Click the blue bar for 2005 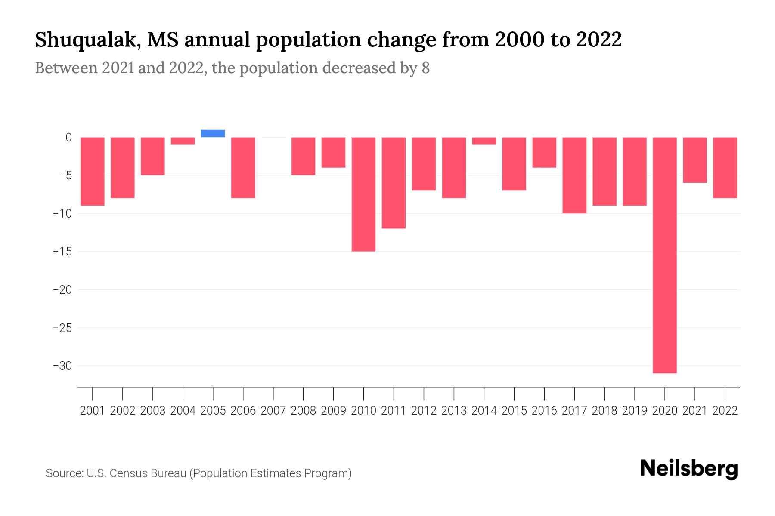(x=213, y=133)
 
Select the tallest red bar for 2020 (x=664, y=255)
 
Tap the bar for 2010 (x=363, y=194)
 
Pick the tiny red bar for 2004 (x=183, y=141)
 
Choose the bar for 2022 (x=725, y=167)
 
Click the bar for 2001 (x=93, y=171)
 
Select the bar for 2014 (x=484, y=141)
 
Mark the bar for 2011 (x=394, y=183)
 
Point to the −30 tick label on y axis (x=62, y=366)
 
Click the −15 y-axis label (x=62, y=252)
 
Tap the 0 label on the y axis (x=68, y=138)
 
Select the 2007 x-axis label (x=273, y=411)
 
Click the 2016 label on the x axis (x=544, y=411)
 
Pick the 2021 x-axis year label (x=694, y=411)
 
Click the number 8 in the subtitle (x=425, y=68)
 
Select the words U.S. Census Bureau (x=136, y=473)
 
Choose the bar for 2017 (x=574, y=175)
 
